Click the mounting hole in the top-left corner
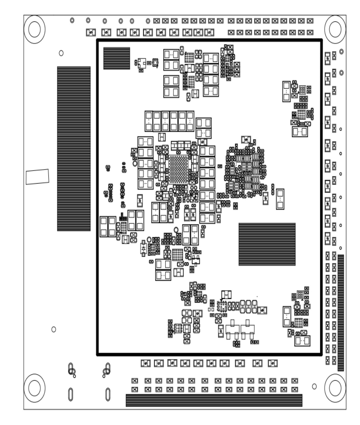34,29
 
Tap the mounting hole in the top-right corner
335,29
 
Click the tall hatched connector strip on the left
74,149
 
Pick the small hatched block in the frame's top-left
117,58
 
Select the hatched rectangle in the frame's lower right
267,244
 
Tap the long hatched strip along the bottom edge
214,400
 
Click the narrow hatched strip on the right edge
341,313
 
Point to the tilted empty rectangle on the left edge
37,177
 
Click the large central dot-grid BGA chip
178,169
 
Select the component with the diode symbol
143,248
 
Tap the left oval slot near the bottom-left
70,394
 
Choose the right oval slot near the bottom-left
108,394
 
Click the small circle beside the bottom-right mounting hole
314,386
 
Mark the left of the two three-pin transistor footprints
232,330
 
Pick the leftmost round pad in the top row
72,20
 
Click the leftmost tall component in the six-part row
149,121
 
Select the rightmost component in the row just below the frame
273,363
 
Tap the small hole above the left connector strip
61,53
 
